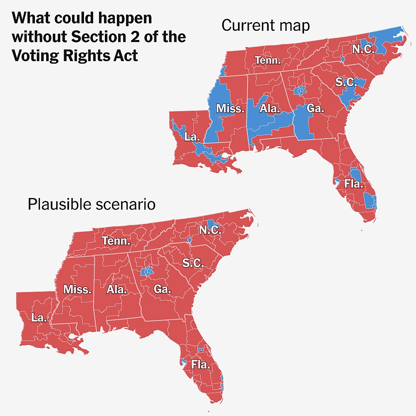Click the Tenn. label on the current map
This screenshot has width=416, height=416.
(x=267, y=60)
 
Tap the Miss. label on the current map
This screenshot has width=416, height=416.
(x=230, y=109)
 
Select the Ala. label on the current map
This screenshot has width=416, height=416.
(x=270, y=109)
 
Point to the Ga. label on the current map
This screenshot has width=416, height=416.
(x=315, y=109)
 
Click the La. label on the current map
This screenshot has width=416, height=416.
(x=192, y=136)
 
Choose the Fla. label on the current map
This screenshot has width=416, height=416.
(x=353, y=183)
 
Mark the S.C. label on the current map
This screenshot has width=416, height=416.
(x=346, y=82)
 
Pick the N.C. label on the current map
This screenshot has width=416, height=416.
(x=363, y=49)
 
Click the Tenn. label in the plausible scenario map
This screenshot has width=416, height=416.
(x=116, y=241)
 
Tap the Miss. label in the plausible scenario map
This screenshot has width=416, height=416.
(x=77, y=290)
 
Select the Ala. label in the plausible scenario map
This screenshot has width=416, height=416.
(x=116, y=290)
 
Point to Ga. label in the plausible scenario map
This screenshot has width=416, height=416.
(x=162, y=289)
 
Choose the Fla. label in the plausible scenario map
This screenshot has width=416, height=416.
(x=201, y=365)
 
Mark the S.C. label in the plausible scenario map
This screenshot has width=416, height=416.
(x=193, y=263)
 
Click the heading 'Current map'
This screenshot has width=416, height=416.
(x=265, y=26)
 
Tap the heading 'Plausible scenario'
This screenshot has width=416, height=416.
(x=92, y=204)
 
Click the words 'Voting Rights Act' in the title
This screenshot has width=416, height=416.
(x=75, y=55)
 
